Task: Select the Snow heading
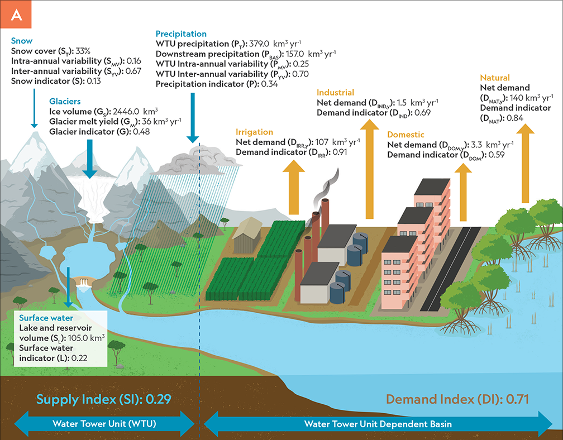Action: point(22,41)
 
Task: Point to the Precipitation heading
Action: point(181,34)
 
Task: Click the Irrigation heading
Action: point(254,132)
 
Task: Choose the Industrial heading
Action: point(336,93)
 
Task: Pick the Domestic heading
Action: point(405,135)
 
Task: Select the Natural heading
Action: point(495,78)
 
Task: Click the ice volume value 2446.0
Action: point(132,112)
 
